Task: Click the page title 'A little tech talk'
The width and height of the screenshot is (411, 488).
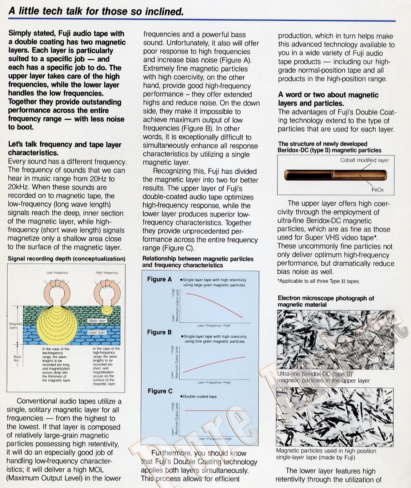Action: click(x=96, y=11)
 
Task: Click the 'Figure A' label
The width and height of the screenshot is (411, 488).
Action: click(x=159, y=279)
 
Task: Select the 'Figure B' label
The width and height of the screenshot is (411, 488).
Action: click(x=159, y=332)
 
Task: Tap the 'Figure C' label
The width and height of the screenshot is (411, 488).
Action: click(x=160, y=391)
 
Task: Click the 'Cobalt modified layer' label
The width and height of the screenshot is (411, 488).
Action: click(x=364, y=160)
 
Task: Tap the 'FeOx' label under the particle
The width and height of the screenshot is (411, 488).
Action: click(x=378, y=190)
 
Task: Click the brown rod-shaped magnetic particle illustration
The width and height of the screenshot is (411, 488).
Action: click(x=335, y=175)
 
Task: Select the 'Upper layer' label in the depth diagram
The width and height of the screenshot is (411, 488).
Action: click(x=97, y=320)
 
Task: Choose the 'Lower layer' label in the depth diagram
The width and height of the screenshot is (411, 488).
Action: click(x=97, y=332)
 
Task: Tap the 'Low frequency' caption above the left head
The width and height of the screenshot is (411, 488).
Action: click(x=57, y=273)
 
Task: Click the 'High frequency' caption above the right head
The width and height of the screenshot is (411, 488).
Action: click(x=107, y=273)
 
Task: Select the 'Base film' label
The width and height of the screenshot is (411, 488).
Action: click(x=17, y=358)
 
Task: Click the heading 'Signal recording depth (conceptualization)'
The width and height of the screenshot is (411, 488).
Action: click(x=67, y=259)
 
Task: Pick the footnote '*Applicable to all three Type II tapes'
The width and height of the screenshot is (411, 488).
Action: click(x=319, y=281)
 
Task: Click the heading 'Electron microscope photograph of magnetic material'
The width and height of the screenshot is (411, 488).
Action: click(x=326, y=301)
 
